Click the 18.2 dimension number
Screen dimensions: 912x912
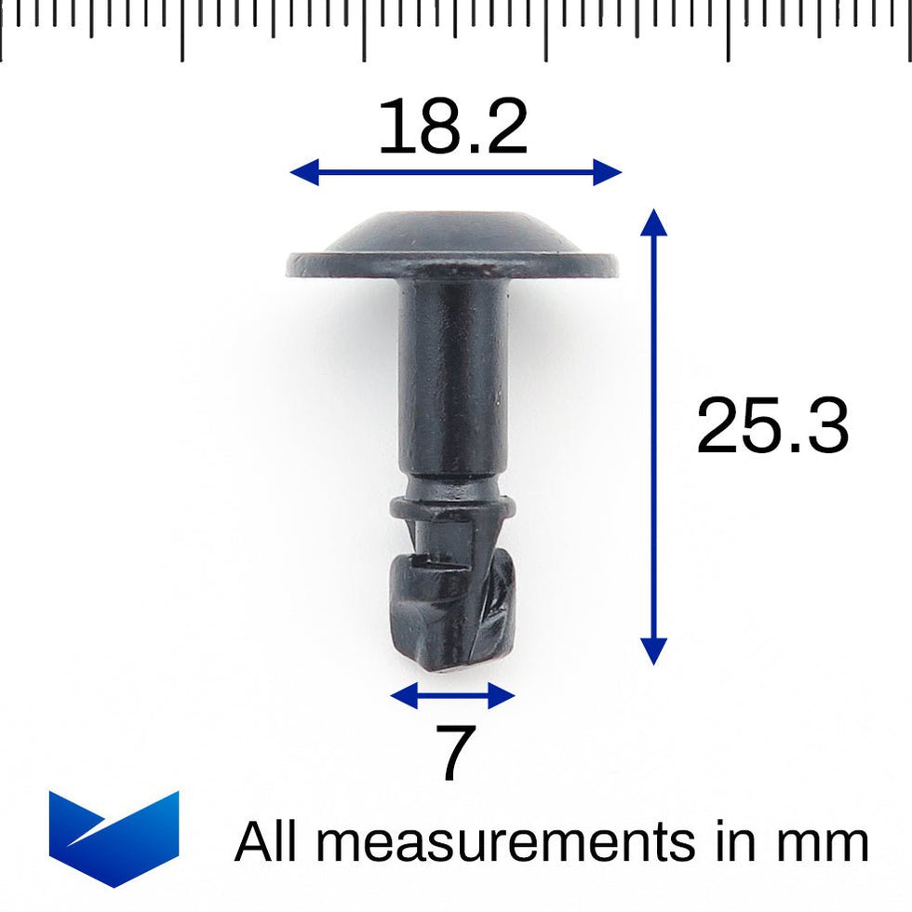tap(452, 127)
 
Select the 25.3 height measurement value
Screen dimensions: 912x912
tap(771, 427)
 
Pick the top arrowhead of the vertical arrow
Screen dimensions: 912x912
tap(654, 222)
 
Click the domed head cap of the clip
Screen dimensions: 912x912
tap(452, 233)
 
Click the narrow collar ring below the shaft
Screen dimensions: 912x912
tap(452, 507)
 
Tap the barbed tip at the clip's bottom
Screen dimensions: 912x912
tap(452, 610)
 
